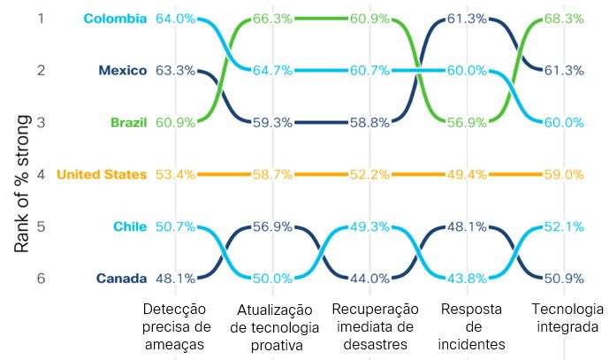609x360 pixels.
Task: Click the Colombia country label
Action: coord(115,18)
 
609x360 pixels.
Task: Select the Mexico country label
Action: coord(122,70)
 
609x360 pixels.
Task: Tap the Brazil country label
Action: coord(128,122)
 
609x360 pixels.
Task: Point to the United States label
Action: coord(102,174)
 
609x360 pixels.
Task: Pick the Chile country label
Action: coord(130,226)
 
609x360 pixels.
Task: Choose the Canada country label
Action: coord(121,279)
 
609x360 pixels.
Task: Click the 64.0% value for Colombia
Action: coord(174,18)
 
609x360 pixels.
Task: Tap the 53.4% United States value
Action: coord(174,174)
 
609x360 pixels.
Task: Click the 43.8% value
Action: coord(466,279)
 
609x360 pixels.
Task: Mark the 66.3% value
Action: coord(272,18)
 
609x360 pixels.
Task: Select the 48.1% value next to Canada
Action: coord(174,279)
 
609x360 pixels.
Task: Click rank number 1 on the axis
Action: coord(39,18)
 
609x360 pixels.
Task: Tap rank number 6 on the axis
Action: coord(39,279)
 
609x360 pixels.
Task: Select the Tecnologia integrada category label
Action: coord(567,317)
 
